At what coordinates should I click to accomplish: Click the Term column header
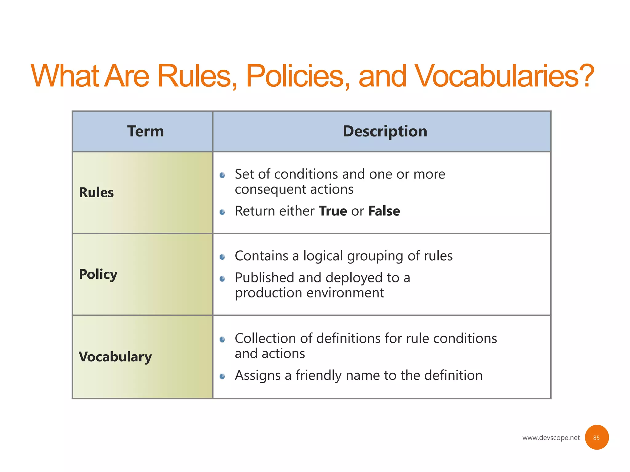(x=146, y=131)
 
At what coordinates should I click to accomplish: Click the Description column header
(x=385, y=131)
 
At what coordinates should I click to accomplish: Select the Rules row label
(x=96, y=193)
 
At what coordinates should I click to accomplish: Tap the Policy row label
(x=98, y=274)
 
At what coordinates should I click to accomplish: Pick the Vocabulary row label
(x=115, y=357)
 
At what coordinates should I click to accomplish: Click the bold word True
(x=333, y=211)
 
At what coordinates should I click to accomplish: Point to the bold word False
(x=384, y=211)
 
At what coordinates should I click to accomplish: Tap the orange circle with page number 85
(x=596, y=437)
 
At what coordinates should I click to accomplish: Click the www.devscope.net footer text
(x=551, y=438)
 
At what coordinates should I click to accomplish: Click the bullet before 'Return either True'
(x=222, y=212)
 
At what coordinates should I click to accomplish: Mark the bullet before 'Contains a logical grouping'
(x=222, y=257)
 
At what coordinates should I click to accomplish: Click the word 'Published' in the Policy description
(x=265, y=278)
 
